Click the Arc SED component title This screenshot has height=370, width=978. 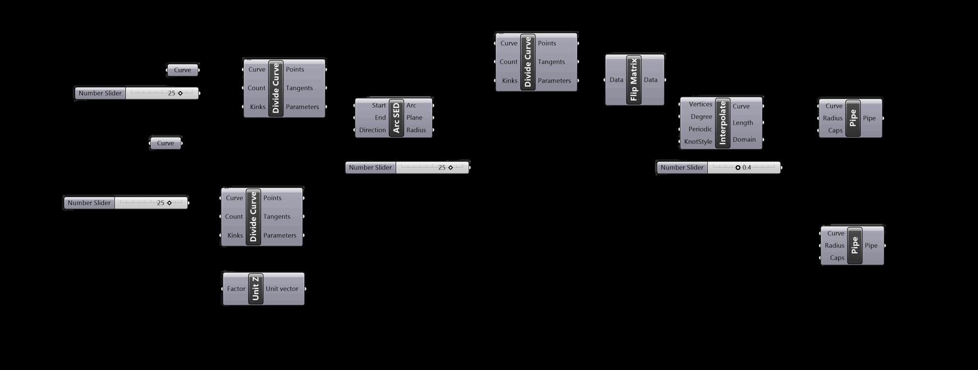(396, 118)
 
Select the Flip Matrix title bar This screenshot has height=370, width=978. (634, 80)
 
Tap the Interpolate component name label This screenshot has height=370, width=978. (723, 123)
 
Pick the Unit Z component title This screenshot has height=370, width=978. (256, 288)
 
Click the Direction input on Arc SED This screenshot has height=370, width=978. (372, 130)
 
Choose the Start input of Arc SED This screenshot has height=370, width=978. (378, 105)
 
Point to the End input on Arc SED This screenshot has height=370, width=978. (380, 117)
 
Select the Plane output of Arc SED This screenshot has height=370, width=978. (414, 117)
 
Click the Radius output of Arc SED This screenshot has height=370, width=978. (416, 130)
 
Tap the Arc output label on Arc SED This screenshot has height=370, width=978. (411, 105)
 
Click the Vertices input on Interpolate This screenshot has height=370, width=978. (700, 104)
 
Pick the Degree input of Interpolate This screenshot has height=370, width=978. (701, 116)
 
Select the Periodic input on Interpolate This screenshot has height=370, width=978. (700, 129)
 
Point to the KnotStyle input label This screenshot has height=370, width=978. (698, 142)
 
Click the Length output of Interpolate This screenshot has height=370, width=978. (742, 123)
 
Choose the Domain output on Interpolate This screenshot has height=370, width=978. (744, 140)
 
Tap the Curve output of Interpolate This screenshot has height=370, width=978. (741, 106)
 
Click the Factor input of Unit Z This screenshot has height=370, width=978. (236, 289)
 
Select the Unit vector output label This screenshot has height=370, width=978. (282, 289)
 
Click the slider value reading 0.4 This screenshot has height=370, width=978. (746, 168)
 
